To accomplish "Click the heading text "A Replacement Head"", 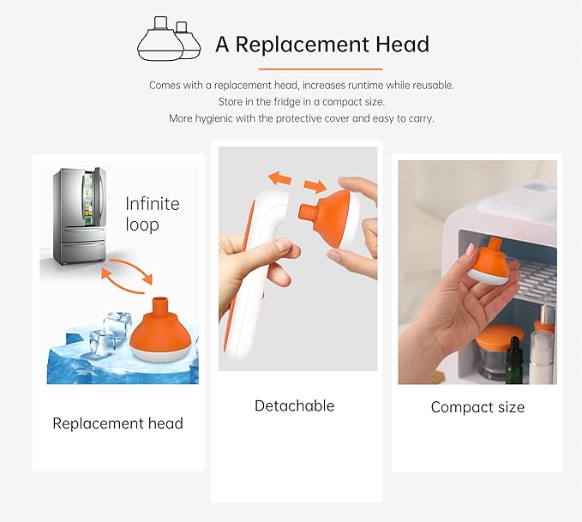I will click(x=321, y=44).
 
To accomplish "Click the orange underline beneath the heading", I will click(x=320, y=69).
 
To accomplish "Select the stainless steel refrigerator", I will click(x=79, y=216).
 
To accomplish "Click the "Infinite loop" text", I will click(x=153, y=214).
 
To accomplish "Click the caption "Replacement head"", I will click(x=117, y=423).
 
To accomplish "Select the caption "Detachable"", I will click(x=294, y=405).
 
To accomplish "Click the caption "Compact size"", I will click(x=477, y=407).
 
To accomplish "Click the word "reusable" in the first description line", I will click(x=431, y=86).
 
